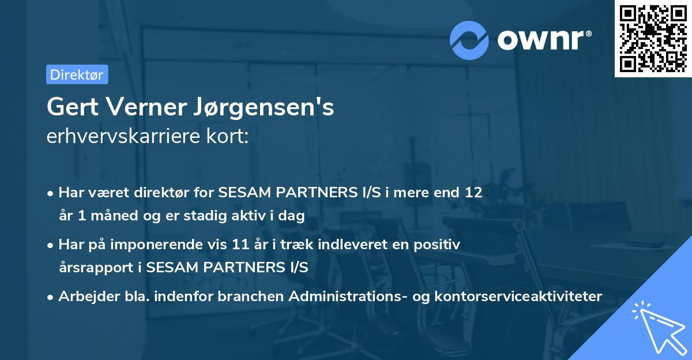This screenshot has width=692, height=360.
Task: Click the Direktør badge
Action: click(77, 74)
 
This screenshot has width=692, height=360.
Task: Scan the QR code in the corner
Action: click(653, 38)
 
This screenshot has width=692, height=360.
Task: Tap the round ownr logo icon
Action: click(469, 40)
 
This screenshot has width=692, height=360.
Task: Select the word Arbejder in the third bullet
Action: click(82, 297)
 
